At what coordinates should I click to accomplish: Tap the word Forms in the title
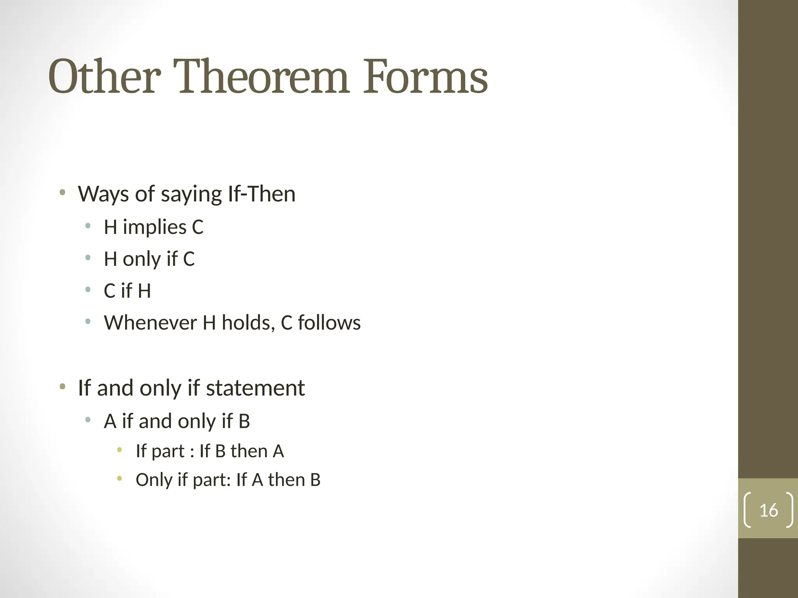(425, 77)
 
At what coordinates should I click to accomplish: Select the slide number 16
(768, 510)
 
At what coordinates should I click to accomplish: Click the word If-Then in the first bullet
(261, 194)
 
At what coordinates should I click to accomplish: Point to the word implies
(155, 227)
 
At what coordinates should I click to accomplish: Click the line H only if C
(149, 259)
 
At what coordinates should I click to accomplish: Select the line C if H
(127, 291)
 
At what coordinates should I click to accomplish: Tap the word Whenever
(150, 323)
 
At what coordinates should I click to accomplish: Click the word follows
(329, 323)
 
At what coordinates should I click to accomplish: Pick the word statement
(255, 388)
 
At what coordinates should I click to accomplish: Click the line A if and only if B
(177, 421)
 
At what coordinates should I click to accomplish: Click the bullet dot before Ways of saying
(62, 192)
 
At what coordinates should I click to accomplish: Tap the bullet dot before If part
(120, 450)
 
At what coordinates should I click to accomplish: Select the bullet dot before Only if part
(120, 478)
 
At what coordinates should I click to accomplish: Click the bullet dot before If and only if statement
(62, 387)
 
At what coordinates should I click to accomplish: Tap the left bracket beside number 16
(747, 510)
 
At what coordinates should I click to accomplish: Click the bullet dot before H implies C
(88, 225)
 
